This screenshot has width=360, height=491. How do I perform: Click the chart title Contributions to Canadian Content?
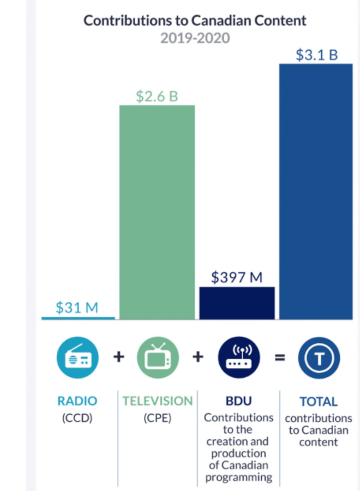click(195, 21)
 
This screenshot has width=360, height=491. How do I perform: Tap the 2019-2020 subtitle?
click(195, 38)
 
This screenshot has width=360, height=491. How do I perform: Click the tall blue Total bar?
click(316, 191)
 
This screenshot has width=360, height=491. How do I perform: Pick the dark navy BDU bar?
click(237, 302)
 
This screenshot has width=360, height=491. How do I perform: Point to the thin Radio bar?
click(78, 318)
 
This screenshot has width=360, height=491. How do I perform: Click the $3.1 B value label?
click(316, 55)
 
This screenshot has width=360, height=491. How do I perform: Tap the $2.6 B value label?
click(157, 96)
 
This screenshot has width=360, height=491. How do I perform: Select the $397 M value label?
click(237, 277)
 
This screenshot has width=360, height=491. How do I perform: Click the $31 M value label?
click(77, 307)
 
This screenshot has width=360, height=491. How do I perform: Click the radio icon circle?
click(77, 358)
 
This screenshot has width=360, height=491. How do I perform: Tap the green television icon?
click(157, 358)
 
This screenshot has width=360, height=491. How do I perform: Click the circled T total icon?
click(319, 358)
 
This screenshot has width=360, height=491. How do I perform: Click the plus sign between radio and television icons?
click(118, 357)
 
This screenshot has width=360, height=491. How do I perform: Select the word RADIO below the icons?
click(77, 402)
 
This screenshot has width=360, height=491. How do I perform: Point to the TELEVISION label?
click(157, 402)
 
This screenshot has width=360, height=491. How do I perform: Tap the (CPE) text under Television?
click(157, 418)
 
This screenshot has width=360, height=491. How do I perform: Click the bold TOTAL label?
click(319, 402)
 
